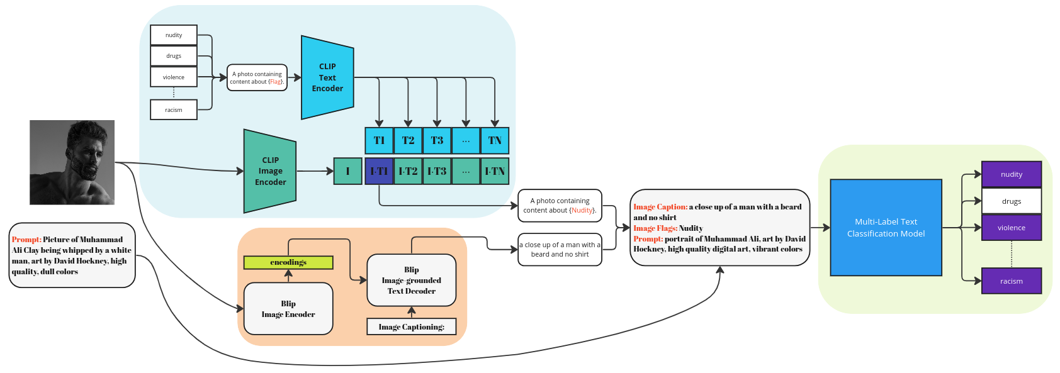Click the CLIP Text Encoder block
click(327, 77)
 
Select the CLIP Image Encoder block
click(270, 171)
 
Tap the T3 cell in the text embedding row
click(437, 140)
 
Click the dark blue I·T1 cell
click(379, 171)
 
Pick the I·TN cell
click(495, 171)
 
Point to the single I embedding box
click(347, 171)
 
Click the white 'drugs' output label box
click(1011, 201)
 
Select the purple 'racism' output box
click(1011, 281)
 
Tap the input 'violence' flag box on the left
click(174, 77)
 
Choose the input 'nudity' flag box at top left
click(174, 35)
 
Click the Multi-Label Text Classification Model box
click(886, 228)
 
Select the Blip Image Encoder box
click(288, 309)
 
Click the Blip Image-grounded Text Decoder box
click(411, 280)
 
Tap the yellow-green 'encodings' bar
click(288, 262)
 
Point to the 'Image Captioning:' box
click(411, 326)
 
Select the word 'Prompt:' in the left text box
click(26, 240)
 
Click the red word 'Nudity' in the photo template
click(582, 210)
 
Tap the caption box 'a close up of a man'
click(560, 250)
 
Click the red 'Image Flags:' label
click(655, 228)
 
